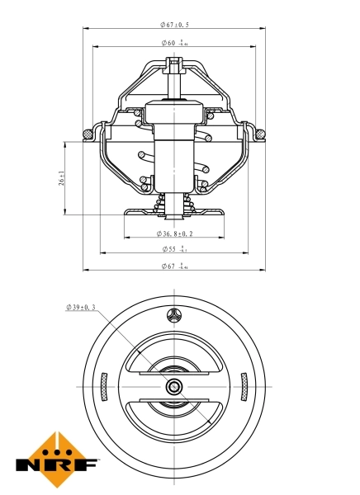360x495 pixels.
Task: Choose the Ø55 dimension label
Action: (174, 248)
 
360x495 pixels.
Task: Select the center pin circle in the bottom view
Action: (174, 386)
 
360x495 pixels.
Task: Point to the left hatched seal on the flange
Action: (88, 132)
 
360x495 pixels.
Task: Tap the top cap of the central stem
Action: (174, 64)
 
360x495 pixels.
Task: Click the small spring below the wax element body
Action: (174, 203)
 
